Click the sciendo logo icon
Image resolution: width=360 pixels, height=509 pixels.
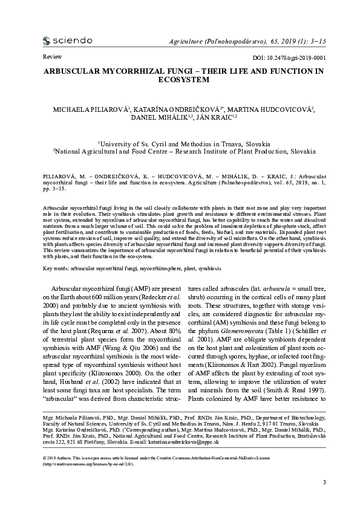[x=47, y=41]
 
